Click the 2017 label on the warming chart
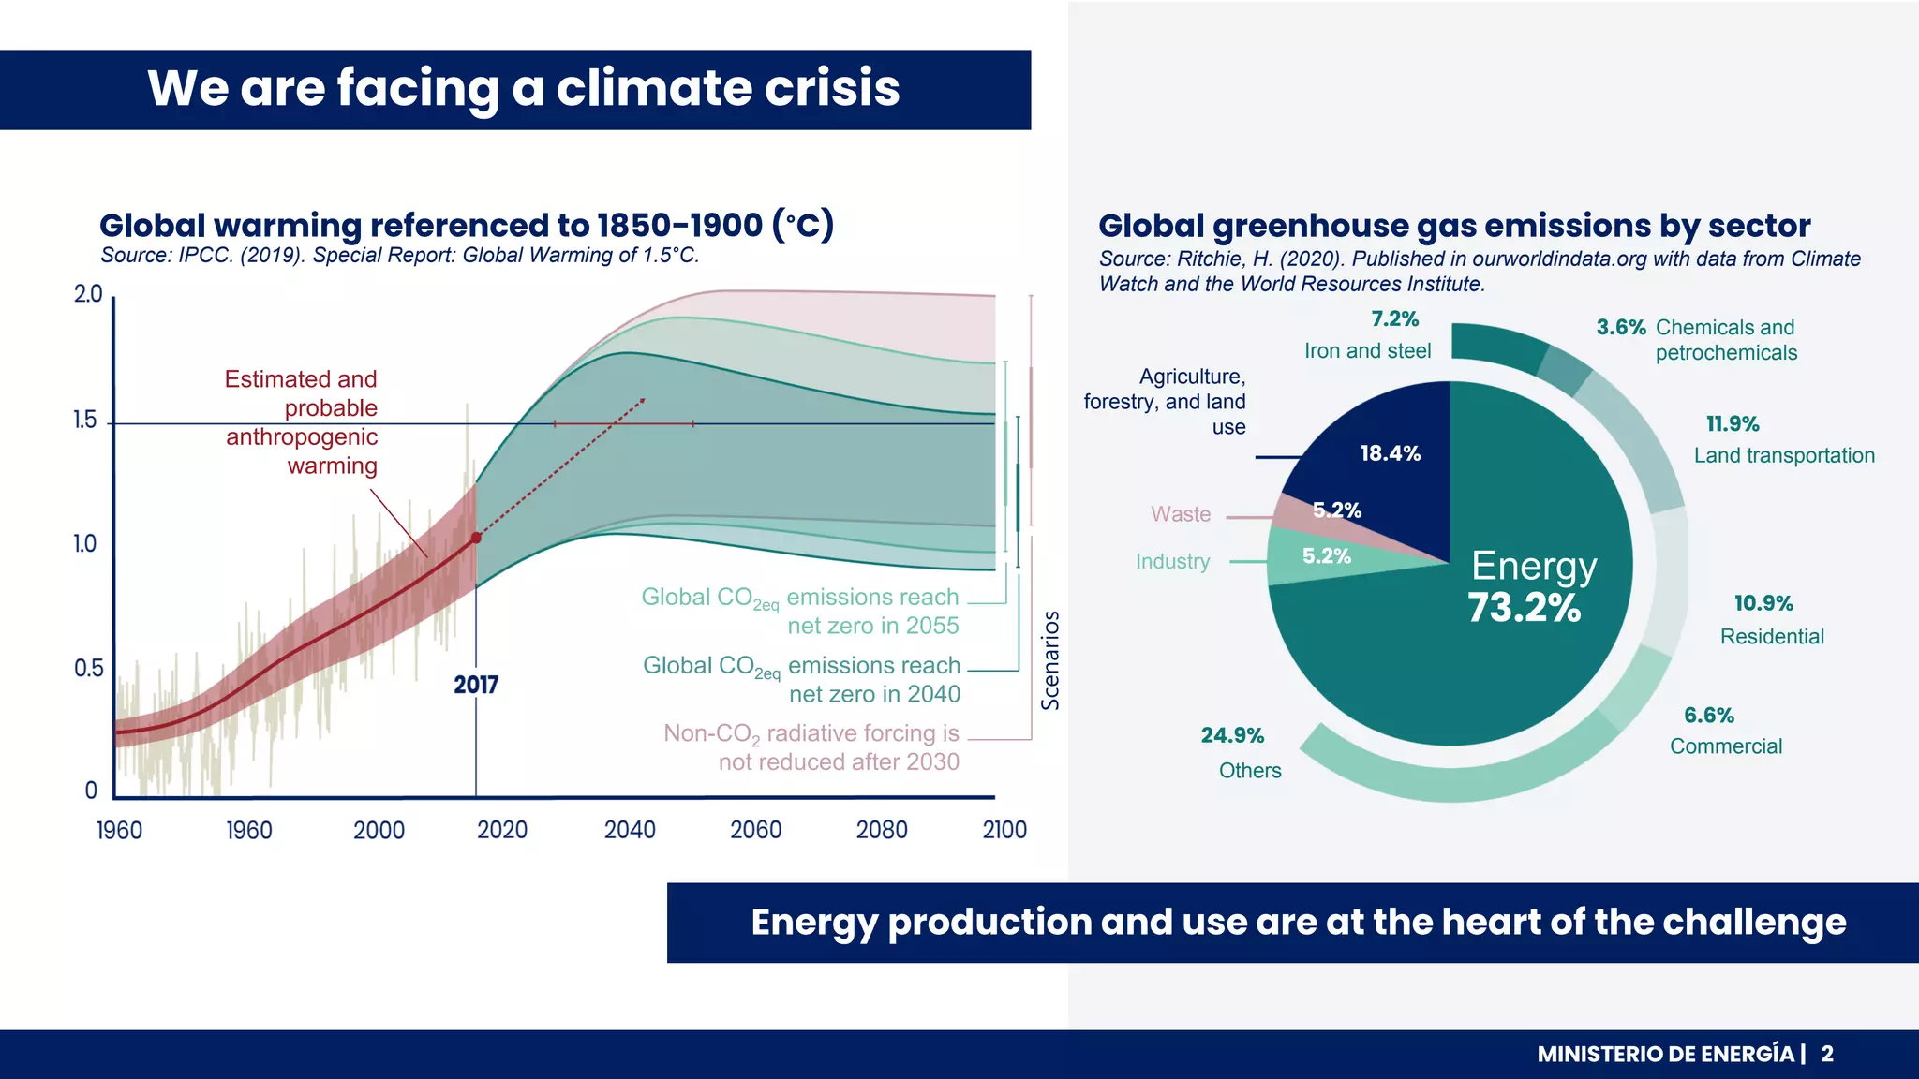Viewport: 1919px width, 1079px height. point(476,685)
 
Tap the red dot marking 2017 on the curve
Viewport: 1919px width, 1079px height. point(476,538)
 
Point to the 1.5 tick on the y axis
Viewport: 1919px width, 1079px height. point(85,421)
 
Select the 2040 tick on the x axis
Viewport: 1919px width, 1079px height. point(630,830)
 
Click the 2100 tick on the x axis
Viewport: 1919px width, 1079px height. point(1004,830)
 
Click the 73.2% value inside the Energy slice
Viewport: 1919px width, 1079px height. point(1524,608)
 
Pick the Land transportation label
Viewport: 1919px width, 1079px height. point(1784,456)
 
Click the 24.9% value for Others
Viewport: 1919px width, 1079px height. point(1232,735)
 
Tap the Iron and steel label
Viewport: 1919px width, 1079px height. point(1367,351)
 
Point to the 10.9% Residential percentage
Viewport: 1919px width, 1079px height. point(1763,604)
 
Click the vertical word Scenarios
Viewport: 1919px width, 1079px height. point(1050,660)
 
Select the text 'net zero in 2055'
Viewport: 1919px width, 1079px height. point(872,626)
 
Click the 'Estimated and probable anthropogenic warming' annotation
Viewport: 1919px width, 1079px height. point(302,422)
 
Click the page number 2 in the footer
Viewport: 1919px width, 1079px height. point(1827,1055)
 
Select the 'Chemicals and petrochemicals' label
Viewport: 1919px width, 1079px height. point(1725,340)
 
